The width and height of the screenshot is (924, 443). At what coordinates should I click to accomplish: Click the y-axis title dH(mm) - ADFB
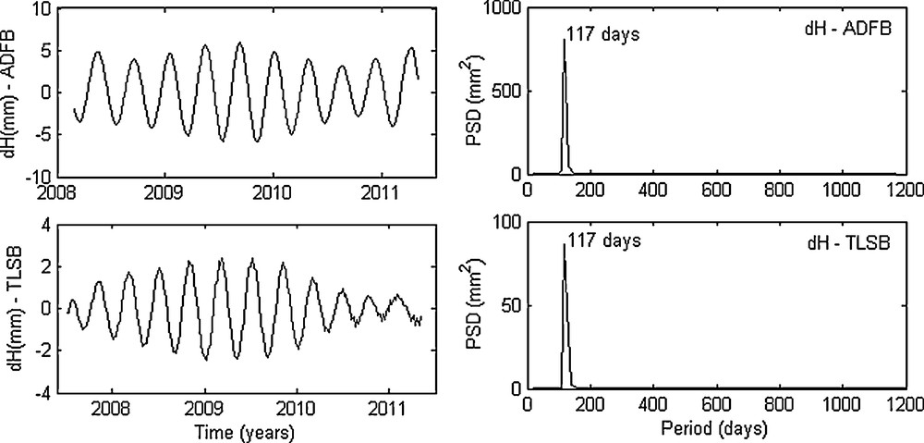point(12,93)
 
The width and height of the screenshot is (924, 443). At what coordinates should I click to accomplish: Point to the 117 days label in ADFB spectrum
point(604,35)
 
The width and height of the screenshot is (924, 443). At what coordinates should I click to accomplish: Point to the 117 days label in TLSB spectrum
point(604,241)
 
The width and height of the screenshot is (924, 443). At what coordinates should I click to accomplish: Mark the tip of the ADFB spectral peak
point(565,40)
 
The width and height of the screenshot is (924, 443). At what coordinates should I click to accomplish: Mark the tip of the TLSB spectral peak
point(565,244)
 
